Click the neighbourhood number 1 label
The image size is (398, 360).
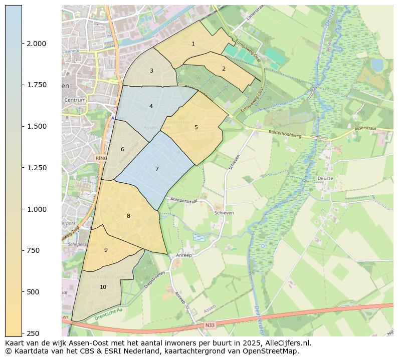point(193,44)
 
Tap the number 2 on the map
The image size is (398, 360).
point(224,69)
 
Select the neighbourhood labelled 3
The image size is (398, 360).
point(151,71)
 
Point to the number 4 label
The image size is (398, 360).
point(151,106)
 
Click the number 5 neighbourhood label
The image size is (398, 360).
point(196,127)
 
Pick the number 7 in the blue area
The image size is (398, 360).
point(157,169)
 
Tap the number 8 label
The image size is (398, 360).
point(128,216)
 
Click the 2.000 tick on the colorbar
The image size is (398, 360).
point(36,44)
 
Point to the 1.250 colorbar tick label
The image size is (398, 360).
point(36,168)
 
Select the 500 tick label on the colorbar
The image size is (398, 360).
point(34,292)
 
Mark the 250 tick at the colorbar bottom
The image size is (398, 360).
point(34,333)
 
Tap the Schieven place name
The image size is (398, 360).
point(224,213)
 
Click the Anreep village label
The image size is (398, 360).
point(183,255)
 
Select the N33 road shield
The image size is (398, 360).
point(210,325)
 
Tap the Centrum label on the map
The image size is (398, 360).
point(75,100)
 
